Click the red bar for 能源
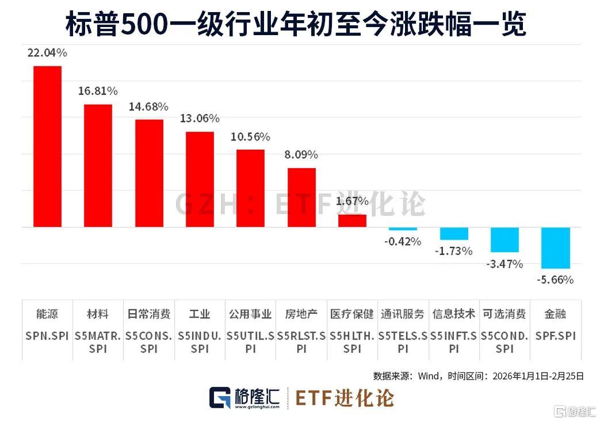click(47, 146)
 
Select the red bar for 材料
click(98, 166)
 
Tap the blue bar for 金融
click(556, 248)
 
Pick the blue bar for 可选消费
click(505, 239)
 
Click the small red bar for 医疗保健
click(352, 220)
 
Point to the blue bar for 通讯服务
click(403, 229)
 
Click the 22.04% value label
click(47, 53)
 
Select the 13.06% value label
click(199, 119)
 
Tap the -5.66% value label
click(556, 280)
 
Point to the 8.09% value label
click(302, 155)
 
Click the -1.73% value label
click(454, 252)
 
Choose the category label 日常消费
click(148, 314)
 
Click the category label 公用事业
click(250, 314)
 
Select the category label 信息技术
click(454, 314)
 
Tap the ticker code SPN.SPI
click(47, 335)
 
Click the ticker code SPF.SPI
click(556, 335)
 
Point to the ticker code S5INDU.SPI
click(199, 341)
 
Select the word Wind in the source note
click(429, 377)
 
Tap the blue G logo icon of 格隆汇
click(220, 398)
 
